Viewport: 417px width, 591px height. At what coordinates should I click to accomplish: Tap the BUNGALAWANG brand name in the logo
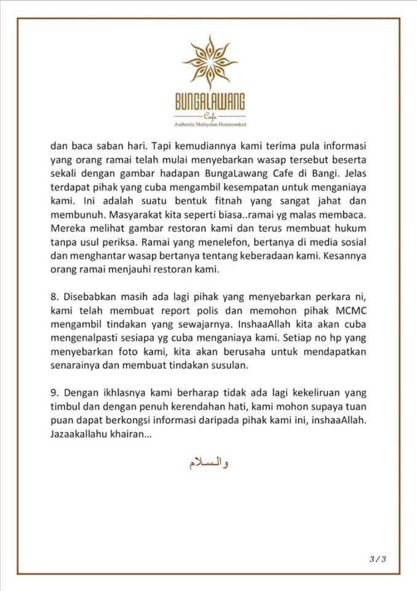[210, 102]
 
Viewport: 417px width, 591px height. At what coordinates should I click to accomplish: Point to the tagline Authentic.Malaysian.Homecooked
[210, 124]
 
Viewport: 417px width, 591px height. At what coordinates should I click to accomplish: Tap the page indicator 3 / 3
[377, 559]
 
